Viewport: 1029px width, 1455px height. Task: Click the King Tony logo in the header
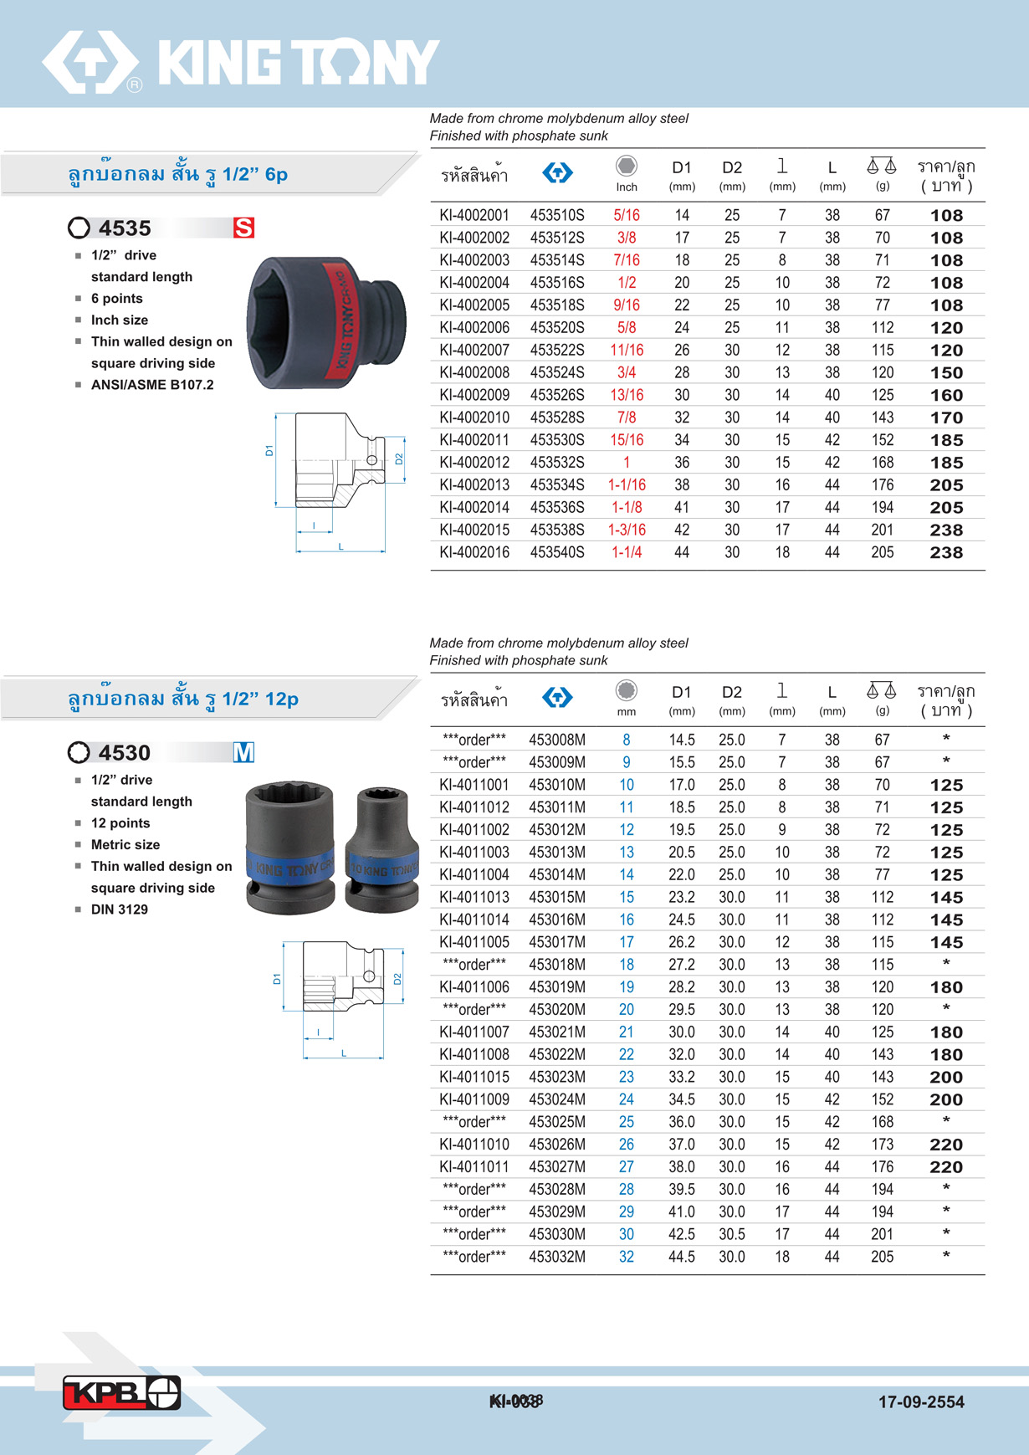241,62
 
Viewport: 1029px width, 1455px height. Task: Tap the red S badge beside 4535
243,228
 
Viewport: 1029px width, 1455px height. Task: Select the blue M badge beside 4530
243,752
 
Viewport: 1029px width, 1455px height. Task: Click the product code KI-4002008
474,372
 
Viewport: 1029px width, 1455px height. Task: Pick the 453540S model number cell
557,552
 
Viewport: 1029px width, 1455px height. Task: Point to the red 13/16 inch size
627,395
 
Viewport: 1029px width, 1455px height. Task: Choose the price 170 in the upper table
946,418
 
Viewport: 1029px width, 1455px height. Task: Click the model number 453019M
557,987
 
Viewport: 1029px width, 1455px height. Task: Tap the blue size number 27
627,1167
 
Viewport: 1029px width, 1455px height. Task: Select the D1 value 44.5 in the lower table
682,1257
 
